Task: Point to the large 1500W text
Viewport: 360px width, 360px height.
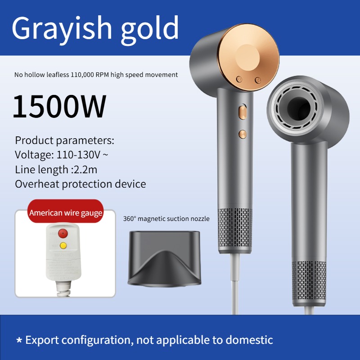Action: coord(59,106)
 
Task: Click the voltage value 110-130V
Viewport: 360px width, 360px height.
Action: coord(78,155)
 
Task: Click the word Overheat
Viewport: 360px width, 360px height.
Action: coord(37,184)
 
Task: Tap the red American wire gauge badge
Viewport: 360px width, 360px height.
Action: coord(66,211)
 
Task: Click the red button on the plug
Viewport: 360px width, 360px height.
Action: coord(63,233)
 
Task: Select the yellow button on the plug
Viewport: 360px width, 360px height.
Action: coord(63,246)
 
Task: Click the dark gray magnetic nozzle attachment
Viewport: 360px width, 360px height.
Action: coord(164,259)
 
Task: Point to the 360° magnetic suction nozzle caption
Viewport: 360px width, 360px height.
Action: coord(166,219)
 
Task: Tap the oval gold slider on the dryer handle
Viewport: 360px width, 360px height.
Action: coord(243,112)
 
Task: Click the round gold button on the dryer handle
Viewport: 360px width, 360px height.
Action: coord(243,134)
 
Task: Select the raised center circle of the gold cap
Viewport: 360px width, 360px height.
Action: coord(248,58)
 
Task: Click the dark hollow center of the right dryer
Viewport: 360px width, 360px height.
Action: coord(299,108)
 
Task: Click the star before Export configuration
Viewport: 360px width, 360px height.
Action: coord(19,340)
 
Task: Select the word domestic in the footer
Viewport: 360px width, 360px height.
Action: coord(249,340)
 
